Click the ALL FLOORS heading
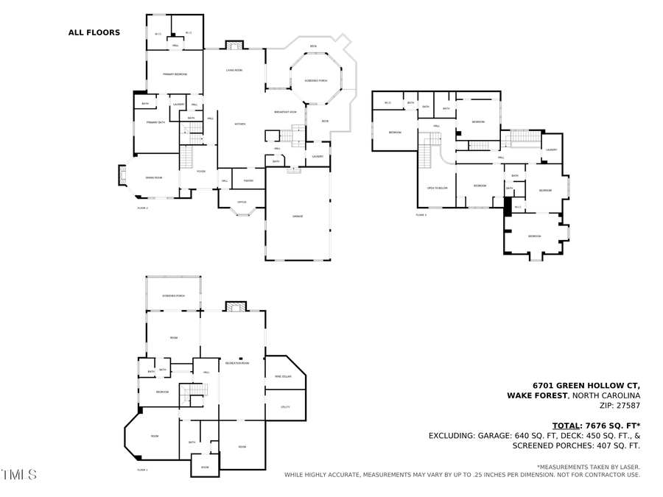(94, 32)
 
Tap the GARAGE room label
(298, 216)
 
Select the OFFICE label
(242, 202)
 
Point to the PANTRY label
(248, 180)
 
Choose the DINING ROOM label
(153, 177)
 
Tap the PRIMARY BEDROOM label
(175, 74)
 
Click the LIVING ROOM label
(234, 70)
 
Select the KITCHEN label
(239, 124)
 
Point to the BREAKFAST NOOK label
(285, 112)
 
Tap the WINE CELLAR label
(284, 376)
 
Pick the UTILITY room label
(285, 406)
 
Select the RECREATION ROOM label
(237, 364)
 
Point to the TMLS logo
(19, 475)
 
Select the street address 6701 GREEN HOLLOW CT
(586, 385)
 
